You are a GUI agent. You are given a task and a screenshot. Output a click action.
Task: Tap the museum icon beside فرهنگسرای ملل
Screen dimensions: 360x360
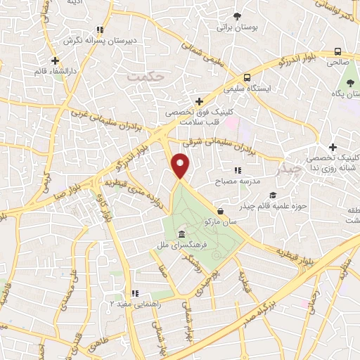click(182, 233)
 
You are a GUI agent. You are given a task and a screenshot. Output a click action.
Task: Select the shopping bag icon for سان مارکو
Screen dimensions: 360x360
click(221, 210)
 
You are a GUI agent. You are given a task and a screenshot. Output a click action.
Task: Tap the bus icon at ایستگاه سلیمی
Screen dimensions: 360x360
click(246, 77)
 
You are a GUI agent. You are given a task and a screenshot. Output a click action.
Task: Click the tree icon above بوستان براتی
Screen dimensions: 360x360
click(237, 15)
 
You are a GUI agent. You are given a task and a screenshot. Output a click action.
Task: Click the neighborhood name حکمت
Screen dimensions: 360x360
click(148, 75)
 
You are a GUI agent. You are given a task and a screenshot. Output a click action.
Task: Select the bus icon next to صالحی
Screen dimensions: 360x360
click(338, 51)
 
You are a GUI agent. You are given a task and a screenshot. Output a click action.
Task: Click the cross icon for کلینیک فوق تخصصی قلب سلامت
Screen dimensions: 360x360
click(199, 102)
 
